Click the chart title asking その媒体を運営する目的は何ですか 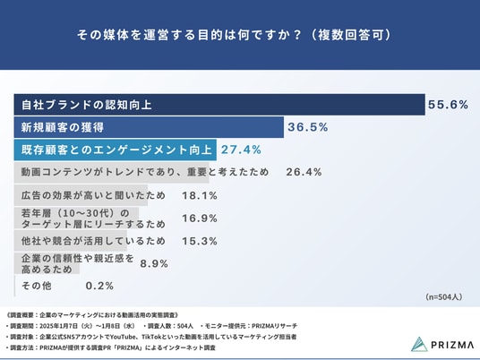coord(235,35)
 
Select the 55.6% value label coord(448,105)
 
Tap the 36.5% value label coord(308,127)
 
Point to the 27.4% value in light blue coord(241,150)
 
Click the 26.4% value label coord(304,172)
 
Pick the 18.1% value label coord(200,195)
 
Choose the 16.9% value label coord(200,219)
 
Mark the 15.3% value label coord(200,241)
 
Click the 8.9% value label coord(154,263)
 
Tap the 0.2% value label coord(99,286)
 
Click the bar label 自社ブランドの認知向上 coord(87,105)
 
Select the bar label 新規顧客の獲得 coord(63,127)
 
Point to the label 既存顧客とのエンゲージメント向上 coord(116,150)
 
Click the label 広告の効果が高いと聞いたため coord(93,195)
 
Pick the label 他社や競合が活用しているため coord(93,241)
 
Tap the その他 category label coord(37,286)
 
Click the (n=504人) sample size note coord(443,297)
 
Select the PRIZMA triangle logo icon coord(419,345)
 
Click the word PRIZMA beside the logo coord(452,345)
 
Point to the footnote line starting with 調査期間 coord(151,326)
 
